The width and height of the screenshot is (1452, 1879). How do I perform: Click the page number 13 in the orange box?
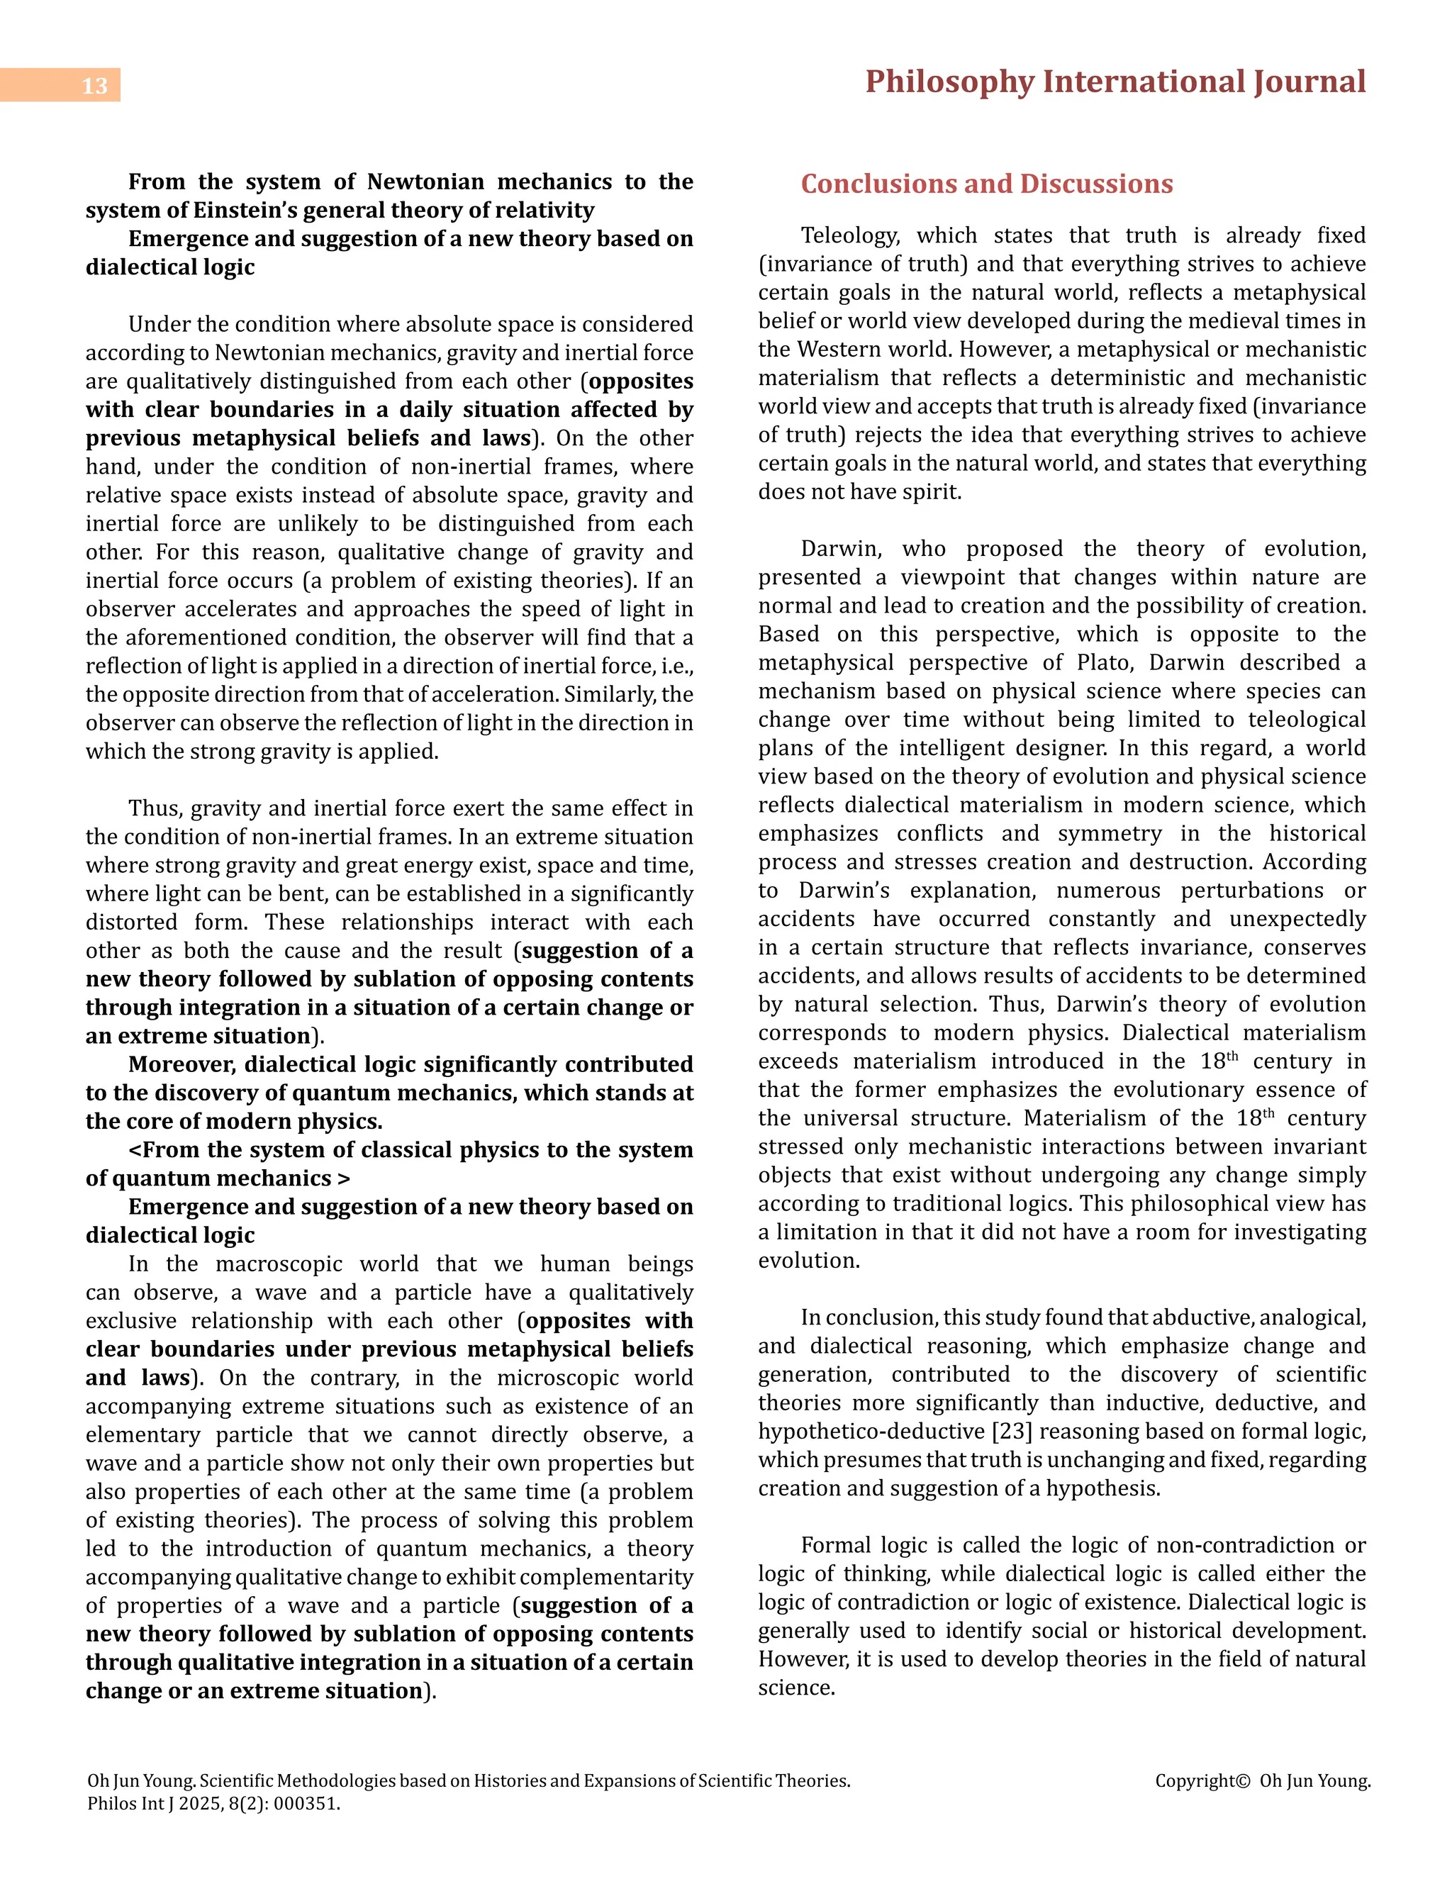pos(94,86)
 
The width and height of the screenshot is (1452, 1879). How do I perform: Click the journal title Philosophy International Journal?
pos(1115,82)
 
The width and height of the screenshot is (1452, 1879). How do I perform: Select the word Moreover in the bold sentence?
pos(182,1064)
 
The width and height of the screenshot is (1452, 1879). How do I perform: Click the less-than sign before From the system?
pos(134,1150)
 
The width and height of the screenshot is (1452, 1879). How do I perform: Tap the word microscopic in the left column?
pos(549,1378)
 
